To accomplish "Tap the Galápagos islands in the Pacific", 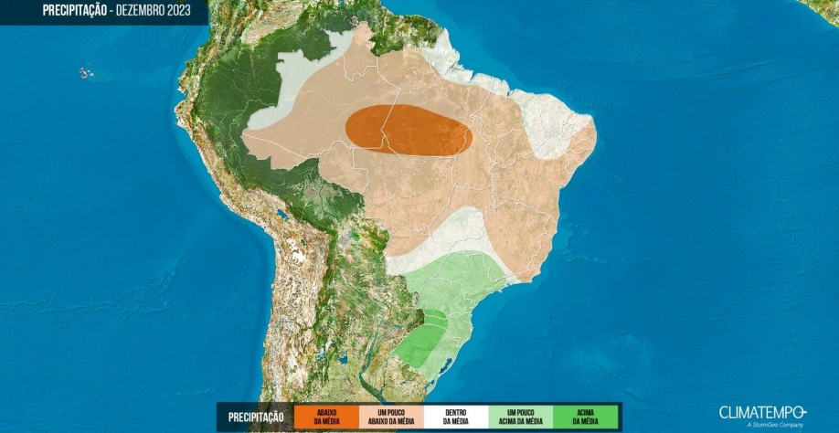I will [x=86, y=72].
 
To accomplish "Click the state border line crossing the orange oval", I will [x=388, y=128].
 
